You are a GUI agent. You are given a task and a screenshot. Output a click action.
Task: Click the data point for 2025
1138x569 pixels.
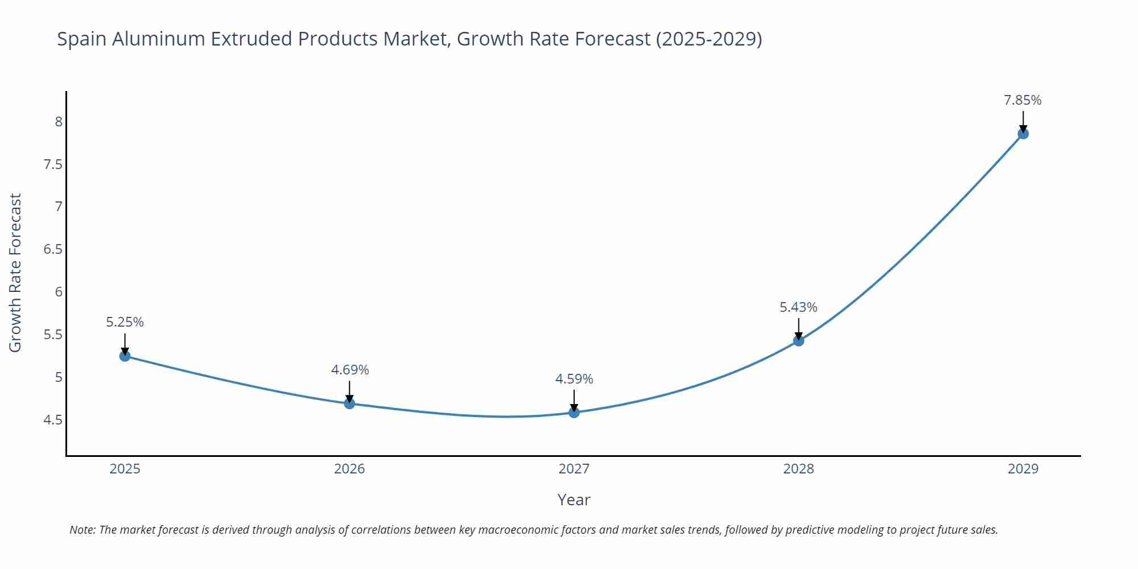pos(125,356)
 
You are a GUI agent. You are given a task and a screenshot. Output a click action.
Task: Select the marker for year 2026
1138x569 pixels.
pos(349,403)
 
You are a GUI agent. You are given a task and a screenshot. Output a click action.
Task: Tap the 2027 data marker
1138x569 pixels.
pos(574,412)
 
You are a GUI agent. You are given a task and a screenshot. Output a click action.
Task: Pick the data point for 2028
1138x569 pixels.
pos(798,340)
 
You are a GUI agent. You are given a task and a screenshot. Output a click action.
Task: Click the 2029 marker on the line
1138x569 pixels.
pos(1023,134)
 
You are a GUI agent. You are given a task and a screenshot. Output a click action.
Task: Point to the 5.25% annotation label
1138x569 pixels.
pos(125,322)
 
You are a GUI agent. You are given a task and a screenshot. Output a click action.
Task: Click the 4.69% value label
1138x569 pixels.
pos(349,370)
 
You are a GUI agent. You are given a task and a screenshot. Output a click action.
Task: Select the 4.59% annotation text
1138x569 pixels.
pos(574,379)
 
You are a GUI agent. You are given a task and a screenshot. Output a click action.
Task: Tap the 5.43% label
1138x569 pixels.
pos(798,307)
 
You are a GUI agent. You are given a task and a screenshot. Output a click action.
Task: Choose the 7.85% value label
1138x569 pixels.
pos(1022,100)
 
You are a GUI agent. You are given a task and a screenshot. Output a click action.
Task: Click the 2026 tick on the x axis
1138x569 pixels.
pos(349,469)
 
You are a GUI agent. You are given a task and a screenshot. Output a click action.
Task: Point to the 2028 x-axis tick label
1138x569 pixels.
pos(798,469)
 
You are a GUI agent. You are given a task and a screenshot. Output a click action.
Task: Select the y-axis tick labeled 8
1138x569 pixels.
pos(58,121)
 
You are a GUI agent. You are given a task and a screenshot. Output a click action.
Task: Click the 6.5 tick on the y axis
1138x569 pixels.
pos(53,249)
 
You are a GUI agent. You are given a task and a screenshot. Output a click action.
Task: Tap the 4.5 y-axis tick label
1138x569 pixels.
pos(53,420)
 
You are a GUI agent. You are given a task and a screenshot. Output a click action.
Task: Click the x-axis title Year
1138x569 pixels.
pos(574,500)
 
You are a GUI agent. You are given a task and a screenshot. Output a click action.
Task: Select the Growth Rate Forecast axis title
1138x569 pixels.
pos(15,273)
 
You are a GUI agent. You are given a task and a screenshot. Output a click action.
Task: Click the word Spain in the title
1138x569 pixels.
pos(82,39)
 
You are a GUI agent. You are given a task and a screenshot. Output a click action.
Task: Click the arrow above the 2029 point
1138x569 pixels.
pos(1023,121)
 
